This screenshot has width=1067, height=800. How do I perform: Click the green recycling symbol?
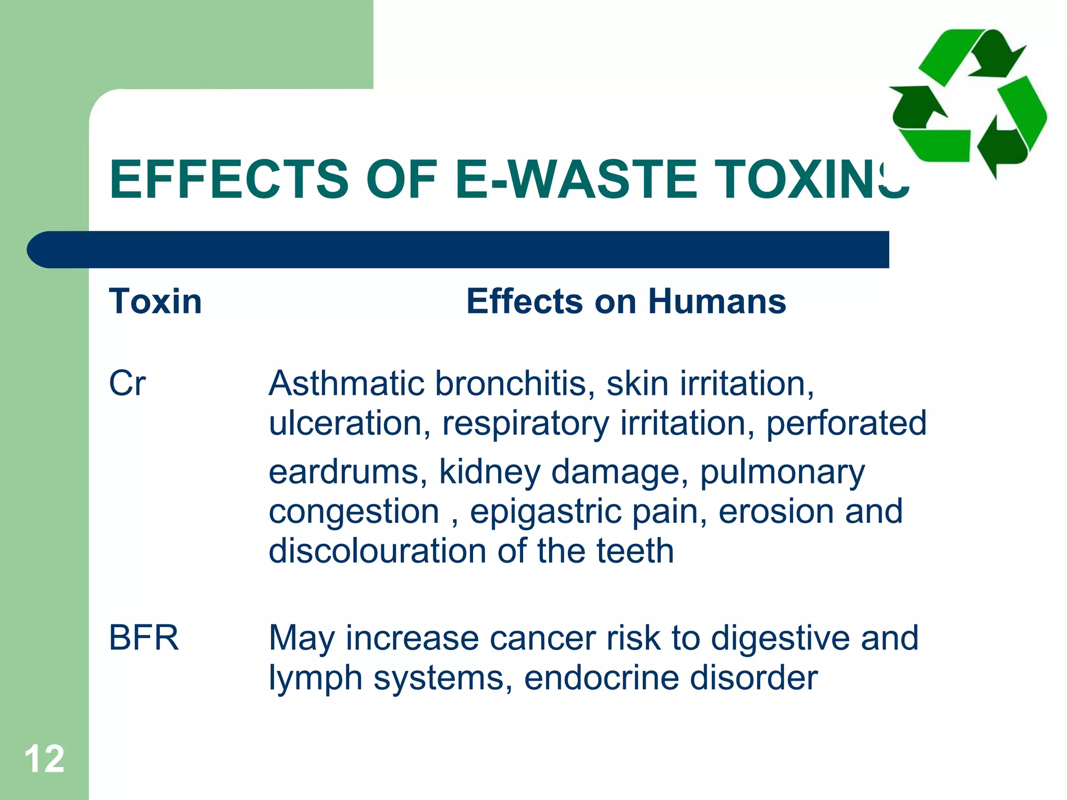pos(968,102)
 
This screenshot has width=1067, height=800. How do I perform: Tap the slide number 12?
pos(44,759)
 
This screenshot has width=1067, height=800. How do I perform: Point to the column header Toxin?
pos(155,302)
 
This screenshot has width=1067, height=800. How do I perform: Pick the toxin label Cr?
pos(127,384)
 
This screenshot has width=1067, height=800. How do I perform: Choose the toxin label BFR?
pos(144,638)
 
